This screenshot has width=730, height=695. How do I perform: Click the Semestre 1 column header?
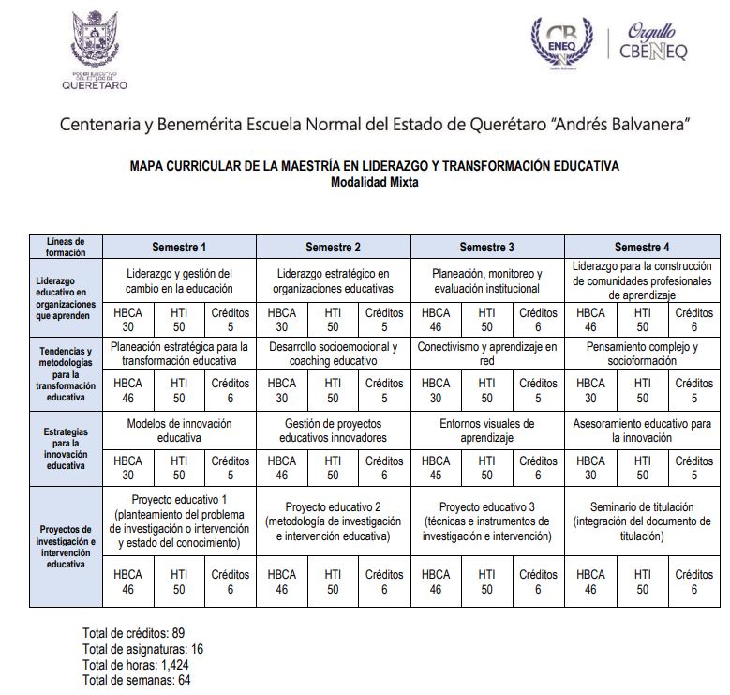[179, 247]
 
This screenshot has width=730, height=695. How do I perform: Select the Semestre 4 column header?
[642, 247]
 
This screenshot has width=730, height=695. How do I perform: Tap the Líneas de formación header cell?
[66, 247]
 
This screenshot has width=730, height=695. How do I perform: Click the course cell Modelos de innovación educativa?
[179, 431]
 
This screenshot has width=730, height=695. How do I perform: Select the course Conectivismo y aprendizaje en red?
[487, 354]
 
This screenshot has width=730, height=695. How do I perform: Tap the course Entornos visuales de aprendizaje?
[487, 431]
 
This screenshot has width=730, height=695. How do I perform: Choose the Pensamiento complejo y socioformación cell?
[642, 354]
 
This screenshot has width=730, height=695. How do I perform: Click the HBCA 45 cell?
[436, 468]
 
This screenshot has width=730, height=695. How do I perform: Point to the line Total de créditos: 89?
[134, 632]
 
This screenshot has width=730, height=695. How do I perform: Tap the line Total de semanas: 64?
[137, 680]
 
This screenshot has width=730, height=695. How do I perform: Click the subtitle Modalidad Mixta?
[375, 183]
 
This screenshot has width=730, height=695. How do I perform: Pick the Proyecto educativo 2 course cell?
[333, 521]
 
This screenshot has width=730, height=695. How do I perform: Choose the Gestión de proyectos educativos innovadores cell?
[333, 431]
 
